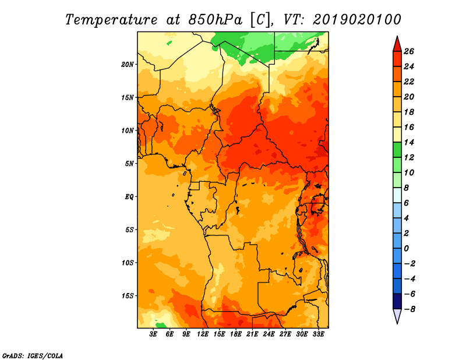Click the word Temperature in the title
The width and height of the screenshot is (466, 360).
coord(111,20)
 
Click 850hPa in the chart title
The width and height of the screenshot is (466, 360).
coord(215,20)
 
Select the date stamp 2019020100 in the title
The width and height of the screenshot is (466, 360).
coord(357,20)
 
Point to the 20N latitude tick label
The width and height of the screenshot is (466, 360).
coord(128,65)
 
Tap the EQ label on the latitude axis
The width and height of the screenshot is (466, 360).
coord(129,197)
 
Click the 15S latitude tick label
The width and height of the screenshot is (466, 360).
coord(128,296)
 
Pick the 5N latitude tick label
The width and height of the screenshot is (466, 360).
coord(129,164)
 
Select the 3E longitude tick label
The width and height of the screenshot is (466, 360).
coord(153,334)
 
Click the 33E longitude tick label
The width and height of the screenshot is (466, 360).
coord(318,334)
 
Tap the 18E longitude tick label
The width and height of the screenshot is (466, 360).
coord(236,334)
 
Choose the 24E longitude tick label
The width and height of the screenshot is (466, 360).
coord(269,334)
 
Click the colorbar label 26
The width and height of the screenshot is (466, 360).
coord(409,51)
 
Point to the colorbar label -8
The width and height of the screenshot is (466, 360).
coord(409,309)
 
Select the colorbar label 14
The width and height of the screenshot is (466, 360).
coord(409,142)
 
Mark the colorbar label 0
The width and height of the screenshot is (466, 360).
coord(406,249)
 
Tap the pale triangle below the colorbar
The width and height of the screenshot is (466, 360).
coord(397,315)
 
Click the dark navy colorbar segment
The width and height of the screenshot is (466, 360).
coord(397,301)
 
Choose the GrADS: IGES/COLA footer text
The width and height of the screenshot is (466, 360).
coord(33,356)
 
